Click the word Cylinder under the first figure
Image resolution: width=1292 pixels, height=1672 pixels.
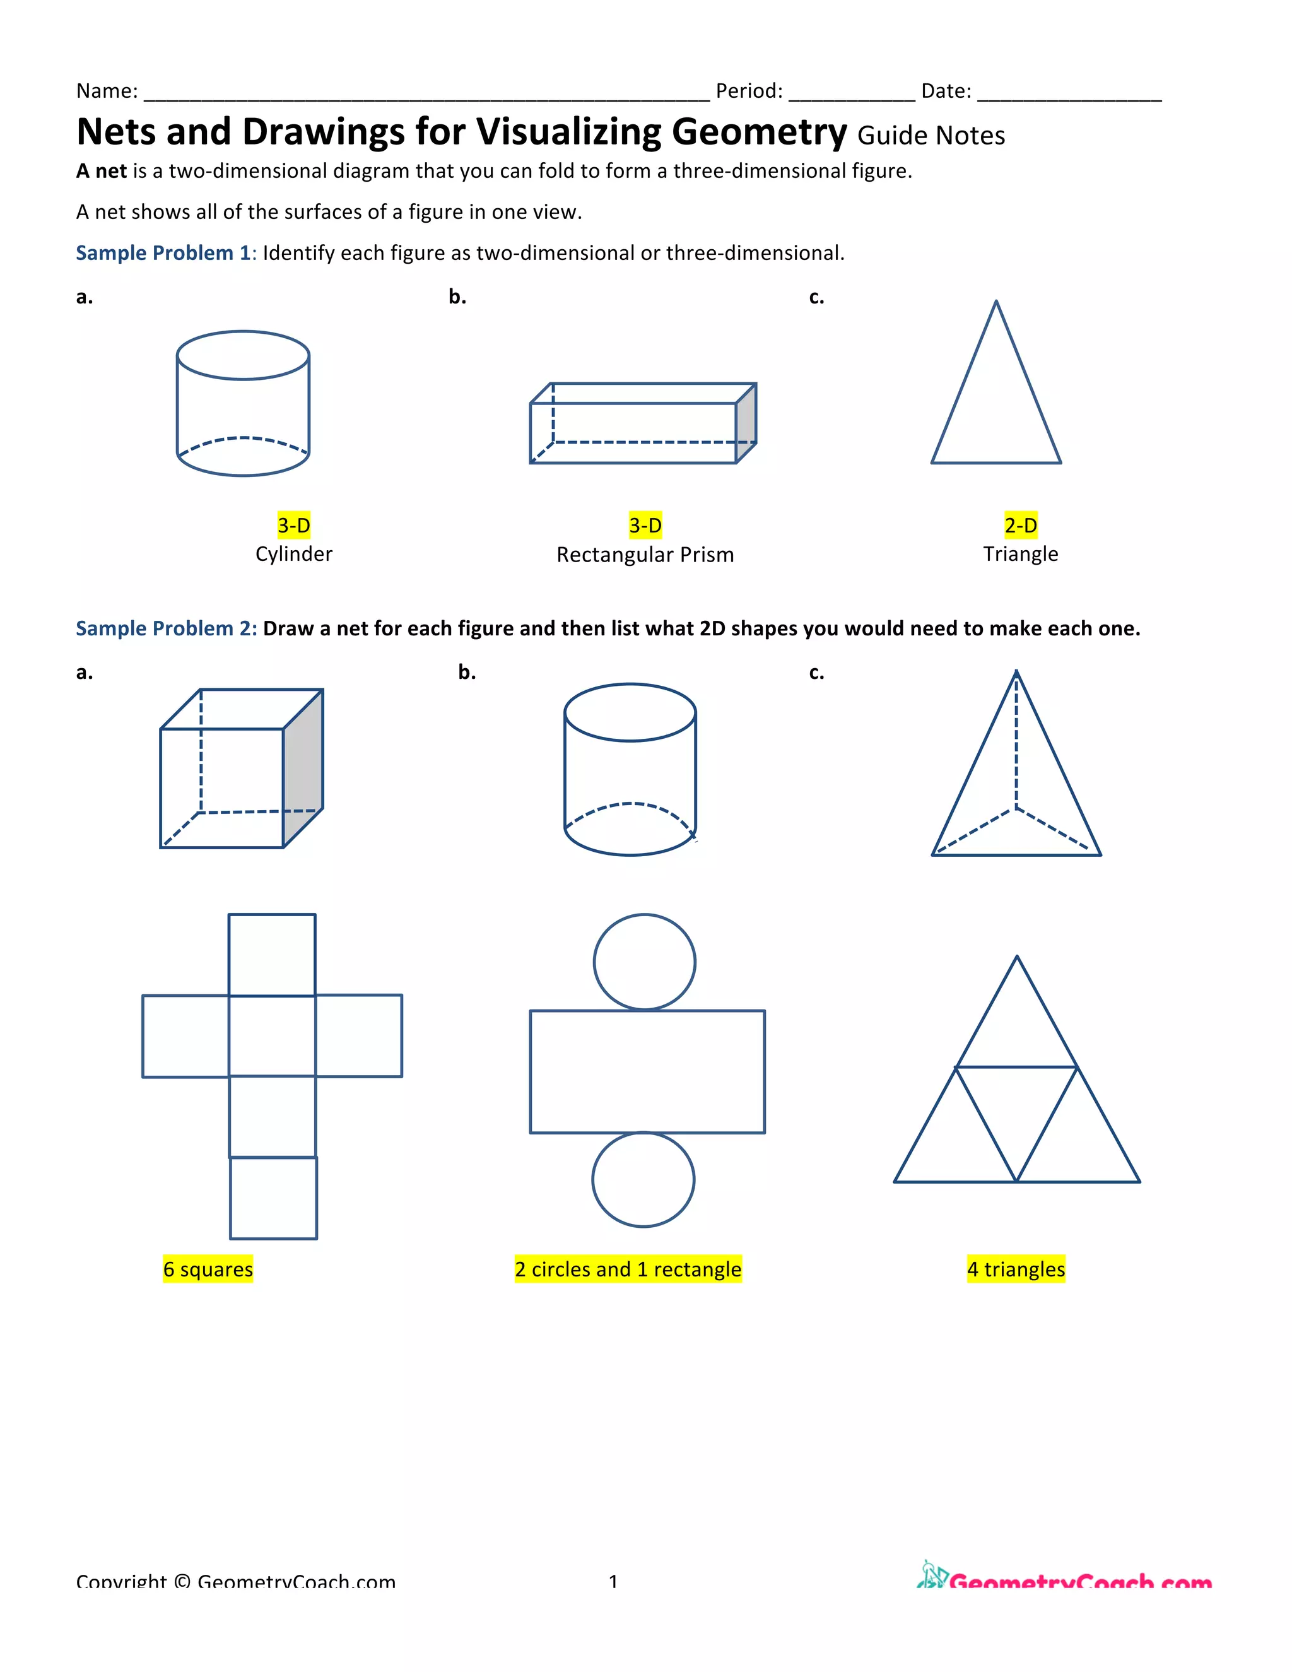coord(294,553)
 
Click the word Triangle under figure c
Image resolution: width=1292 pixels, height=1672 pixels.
coord(1020,553)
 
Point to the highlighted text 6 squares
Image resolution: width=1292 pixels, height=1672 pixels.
coord(208,1269)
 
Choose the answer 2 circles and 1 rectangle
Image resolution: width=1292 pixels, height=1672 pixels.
coord(628,1269)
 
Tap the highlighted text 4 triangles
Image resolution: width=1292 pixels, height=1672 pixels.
coord(1016,1269)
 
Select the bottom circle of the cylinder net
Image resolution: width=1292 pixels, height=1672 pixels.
coord(643,1180)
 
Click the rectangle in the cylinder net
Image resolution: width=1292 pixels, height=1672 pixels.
coord(647,1071)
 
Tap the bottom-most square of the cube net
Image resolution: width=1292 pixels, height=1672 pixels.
coord(273,1198)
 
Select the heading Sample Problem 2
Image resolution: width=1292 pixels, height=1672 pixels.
coord(165,628)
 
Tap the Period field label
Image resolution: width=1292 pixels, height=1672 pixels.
coord(748,91)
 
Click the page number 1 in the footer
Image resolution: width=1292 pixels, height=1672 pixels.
coord(613,1581)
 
